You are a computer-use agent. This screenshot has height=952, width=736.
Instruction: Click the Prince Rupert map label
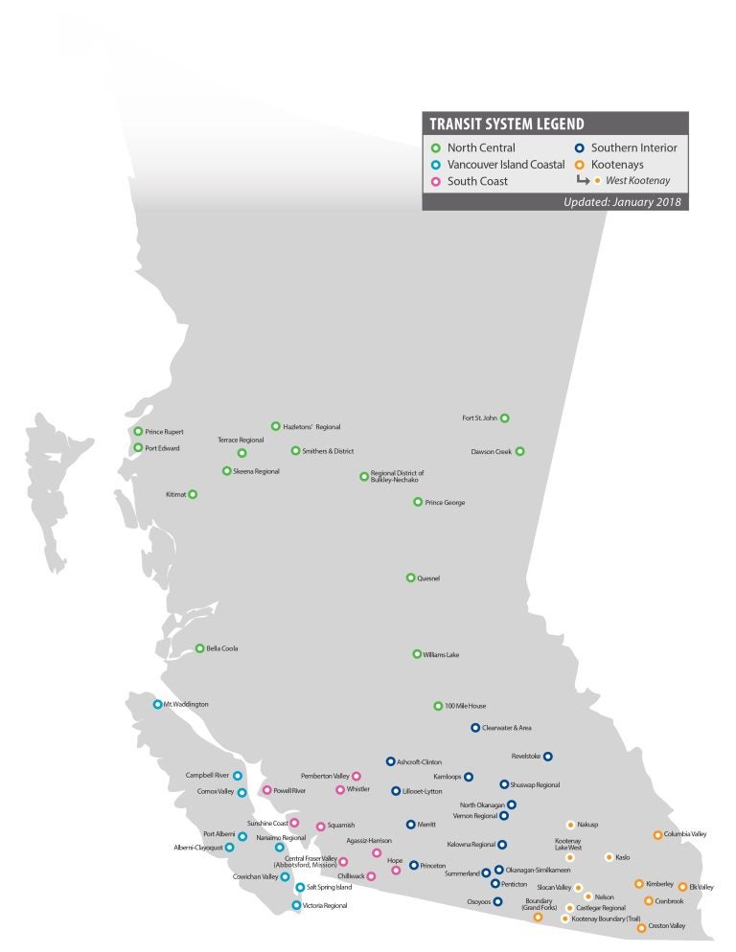tap(164, 432)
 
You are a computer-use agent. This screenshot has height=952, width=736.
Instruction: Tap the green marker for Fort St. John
tap(505, 418)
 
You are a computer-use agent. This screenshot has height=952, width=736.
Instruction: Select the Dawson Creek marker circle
tap(520, 451)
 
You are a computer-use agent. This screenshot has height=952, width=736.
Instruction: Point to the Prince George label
tap(445, 502)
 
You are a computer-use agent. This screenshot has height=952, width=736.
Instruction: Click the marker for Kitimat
tap(193, 494)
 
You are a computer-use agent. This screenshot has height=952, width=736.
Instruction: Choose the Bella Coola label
tap(222, 648)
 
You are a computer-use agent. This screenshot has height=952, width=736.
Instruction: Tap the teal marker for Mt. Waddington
tap(158, 704)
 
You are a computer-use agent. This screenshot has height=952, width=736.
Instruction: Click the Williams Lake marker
tap(417, 654)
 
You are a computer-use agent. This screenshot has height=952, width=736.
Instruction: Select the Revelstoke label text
tap(526, 756)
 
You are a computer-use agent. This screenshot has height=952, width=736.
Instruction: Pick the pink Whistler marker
tap(340, 789)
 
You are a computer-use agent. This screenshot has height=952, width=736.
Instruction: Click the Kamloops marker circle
tap(469, 777)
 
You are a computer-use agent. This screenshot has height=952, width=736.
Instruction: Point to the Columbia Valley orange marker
tap(657, 834)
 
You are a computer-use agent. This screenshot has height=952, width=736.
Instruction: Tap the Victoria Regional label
tap(325, 905)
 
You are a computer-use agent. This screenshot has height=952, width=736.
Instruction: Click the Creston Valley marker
tap(641, 927)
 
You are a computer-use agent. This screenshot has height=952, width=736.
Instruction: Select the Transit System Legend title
tap(507, 125)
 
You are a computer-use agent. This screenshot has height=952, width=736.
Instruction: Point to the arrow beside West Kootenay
tap(582, 180)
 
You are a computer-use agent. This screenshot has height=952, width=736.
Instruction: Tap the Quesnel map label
tap(428, 578)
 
